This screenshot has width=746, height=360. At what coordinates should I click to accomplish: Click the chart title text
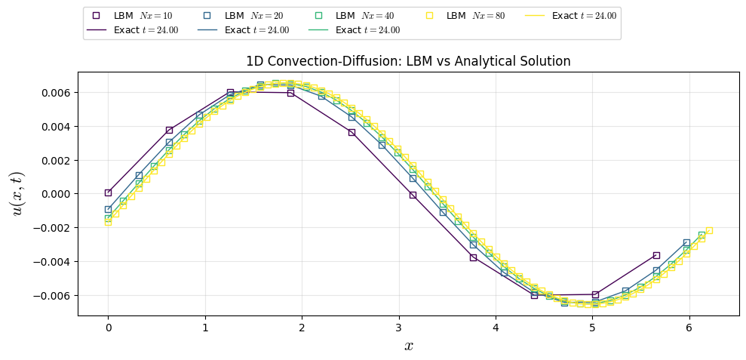point(408,62)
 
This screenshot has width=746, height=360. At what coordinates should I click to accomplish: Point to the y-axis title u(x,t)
point(17,193)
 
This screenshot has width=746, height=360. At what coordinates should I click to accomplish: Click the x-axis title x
point(408,346)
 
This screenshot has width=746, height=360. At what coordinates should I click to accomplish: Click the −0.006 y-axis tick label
point(50,296)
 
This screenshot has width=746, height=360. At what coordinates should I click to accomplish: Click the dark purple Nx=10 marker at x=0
point(108,192)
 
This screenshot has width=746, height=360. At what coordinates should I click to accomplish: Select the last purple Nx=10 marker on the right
point(656,255)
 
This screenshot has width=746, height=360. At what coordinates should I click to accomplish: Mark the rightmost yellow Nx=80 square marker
point(709,230)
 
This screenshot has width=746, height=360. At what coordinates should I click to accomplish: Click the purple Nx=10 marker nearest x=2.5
point(352,132)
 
